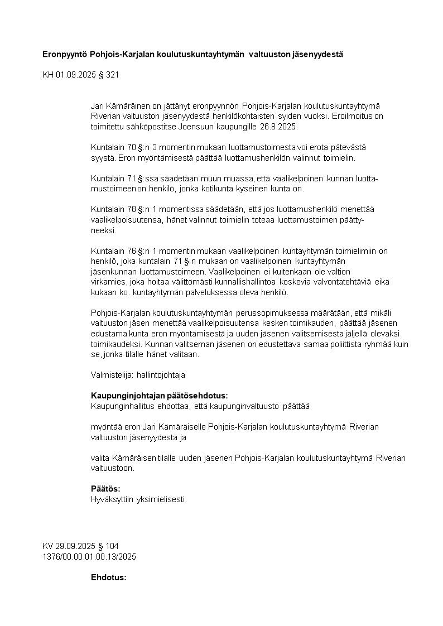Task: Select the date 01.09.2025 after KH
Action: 75,74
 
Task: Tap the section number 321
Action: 112,74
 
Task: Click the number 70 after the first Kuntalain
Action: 131,147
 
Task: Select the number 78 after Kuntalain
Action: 131,209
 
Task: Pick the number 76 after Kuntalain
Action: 131,251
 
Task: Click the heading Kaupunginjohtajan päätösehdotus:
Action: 159,396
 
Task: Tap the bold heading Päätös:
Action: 105,489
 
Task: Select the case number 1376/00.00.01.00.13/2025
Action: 89,557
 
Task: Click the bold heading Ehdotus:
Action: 109,577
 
